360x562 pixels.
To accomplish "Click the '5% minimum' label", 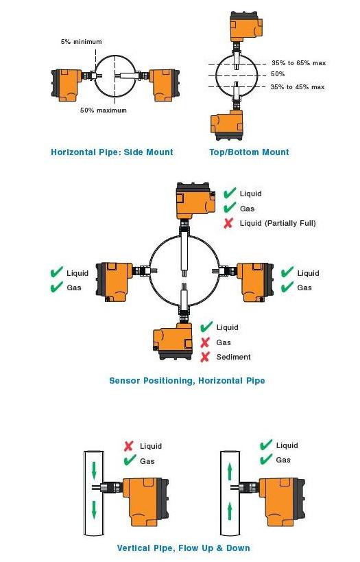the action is point(82,42).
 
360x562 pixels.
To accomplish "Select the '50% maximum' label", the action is point(103,110).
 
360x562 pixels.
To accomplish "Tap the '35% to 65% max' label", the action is point(299,62).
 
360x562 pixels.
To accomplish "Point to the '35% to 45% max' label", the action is point(298,86).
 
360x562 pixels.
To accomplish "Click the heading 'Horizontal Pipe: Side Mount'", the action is point(112,152).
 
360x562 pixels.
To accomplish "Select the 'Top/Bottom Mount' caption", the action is point(249,152).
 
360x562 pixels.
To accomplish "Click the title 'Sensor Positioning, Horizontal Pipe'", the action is point(187,380).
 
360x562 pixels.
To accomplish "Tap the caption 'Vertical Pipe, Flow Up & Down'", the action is point(183,548).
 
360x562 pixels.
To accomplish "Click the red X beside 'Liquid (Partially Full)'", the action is point(228,223).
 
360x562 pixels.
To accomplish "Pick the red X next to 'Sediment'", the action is point(205,357).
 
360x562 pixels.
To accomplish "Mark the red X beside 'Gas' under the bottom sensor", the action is point(205,342).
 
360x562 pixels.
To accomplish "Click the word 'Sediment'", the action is point(234,357).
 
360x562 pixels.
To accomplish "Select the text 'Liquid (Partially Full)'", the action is point(278,223).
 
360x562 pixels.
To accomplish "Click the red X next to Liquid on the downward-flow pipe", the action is point(129,446).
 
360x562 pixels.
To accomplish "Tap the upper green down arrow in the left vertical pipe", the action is point(94,471).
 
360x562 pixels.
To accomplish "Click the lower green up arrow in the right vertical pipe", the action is point(230,512).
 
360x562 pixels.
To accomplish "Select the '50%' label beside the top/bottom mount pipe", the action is point(278,74).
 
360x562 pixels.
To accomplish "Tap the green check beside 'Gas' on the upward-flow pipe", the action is point(266,459).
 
